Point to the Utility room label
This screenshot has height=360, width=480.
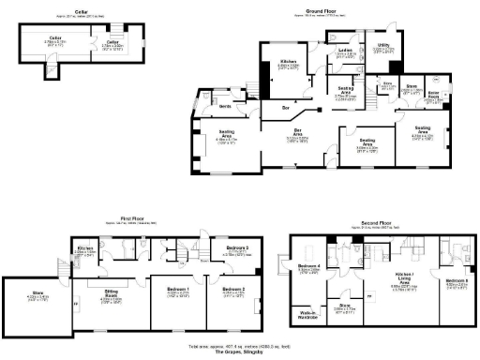(383, 44)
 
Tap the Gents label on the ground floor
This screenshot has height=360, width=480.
(225, 106)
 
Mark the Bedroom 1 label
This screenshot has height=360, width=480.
(178, 289)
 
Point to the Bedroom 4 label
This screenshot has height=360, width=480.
(308, 267)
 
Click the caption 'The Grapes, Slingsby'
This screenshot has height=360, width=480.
(240, 353)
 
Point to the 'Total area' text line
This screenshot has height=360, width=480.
(240, 347)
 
